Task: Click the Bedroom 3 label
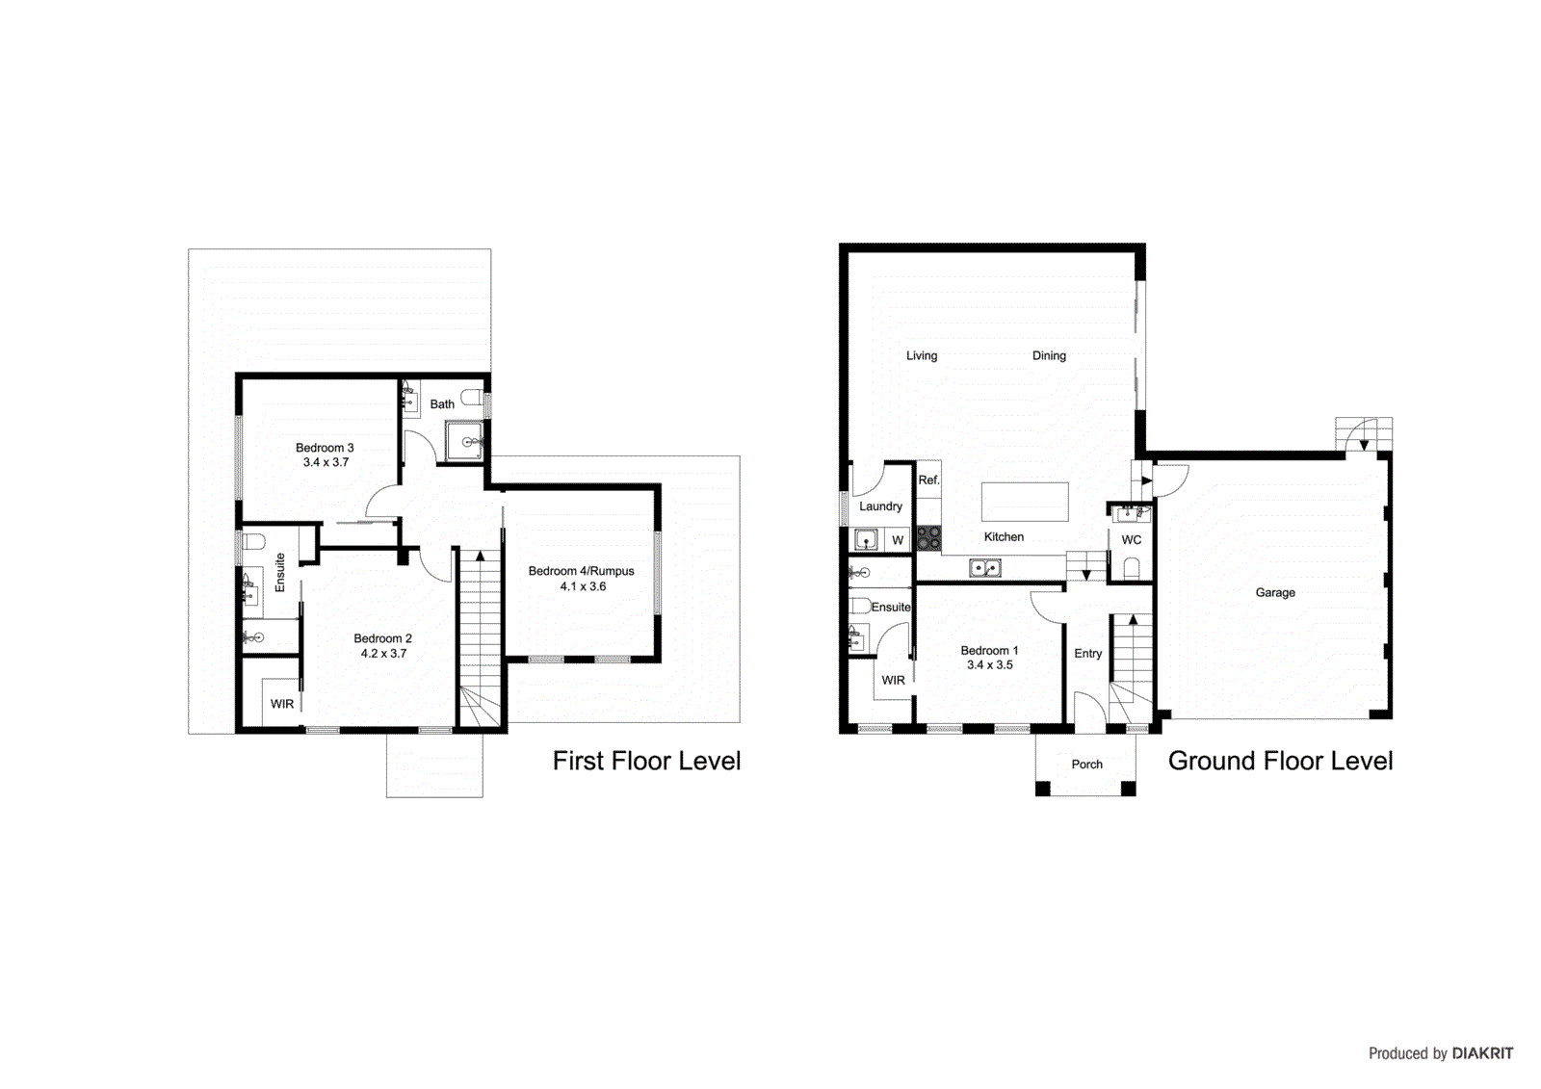325,448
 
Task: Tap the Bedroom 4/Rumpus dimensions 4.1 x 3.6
583,586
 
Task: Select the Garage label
1274,592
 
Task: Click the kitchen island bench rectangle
1025,502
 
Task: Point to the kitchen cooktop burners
928,538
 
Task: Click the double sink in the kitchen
985,569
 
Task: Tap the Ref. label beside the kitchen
928,480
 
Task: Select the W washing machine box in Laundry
897,540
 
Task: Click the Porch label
1086,765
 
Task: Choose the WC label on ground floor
1132,540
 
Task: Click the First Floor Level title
646,761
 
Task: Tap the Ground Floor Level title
1280,761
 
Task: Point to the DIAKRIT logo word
1482,1053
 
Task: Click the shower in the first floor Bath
465,442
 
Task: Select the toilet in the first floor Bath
471,397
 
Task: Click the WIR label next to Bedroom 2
282,704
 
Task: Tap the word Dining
1049,355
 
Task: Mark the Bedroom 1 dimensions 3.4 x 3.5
989,665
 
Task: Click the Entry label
1087,654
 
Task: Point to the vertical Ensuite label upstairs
280,572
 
